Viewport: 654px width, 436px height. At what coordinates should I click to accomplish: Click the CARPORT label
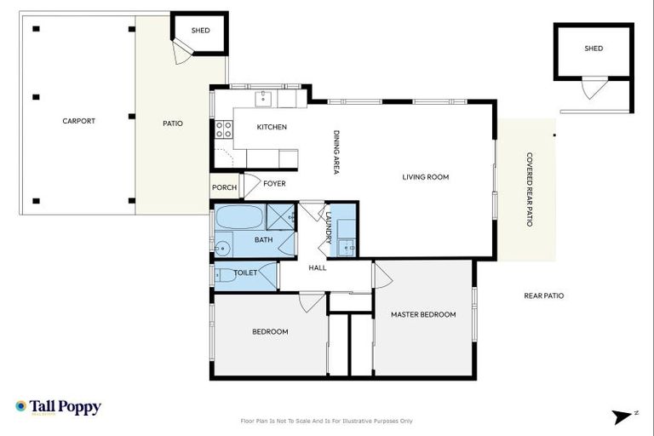[x=78, y=121]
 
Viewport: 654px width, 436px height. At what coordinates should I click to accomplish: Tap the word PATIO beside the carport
[x=173, y=123]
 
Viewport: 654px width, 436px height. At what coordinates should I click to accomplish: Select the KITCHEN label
[x=272, y=128]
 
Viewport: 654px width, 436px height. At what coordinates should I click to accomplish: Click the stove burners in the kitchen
[x=223, y=129]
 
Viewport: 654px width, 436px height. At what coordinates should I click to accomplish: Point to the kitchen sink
[x=263, y=98]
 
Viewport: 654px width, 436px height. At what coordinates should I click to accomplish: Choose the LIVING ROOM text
[x=425, y=177]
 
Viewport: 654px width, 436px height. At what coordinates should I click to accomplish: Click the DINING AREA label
[x=337, y=152]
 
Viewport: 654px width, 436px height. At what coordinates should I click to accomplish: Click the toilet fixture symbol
[x=225, y=275]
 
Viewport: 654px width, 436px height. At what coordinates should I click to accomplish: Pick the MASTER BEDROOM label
[x=423, y=314]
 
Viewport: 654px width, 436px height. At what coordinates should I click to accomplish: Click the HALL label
[x=318, y=268]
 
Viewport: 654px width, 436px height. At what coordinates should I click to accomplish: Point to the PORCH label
[x=224, y=187]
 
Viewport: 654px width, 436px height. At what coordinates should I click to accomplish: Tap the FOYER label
[x=274, y=183]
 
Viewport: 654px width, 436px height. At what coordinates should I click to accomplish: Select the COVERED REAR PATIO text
[x=529, y=189]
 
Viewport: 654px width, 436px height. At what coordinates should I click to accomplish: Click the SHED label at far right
[x=594, y=49]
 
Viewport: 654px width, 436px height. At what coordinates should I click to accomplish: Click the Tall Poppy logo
[x=58, y=407]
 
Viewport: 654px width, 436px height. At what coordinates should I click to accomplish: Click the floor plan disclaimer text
[x=327, y=421]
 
